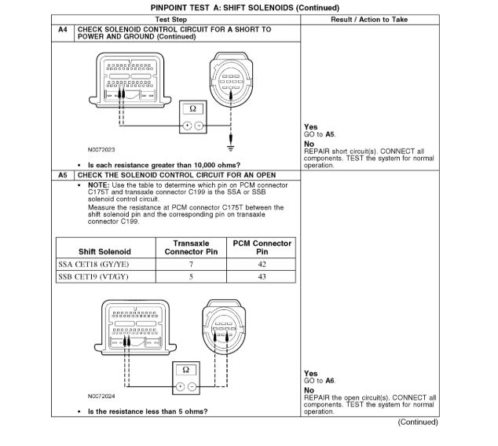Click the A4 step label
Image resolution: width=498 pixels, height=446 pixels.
pyautogui.click(x=63, y=29)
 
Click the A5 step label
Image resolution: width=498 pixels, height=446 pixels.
pyautogui.click(x=63, y=174)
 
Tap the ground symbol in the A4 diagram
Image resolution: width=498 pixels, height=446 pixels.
pyautogui.click(x=230, y=147)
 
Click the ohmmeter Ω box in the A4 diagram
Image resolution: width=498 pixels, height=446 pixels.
pyautogui.click(x=192, y=109)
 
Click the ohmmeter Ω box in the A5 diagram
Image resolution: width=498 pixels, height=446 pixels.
pyautogui.click(x=185, y=368)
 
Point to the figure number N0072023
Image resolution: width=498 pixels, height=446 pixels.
pyautogui.click(x=101, y=148)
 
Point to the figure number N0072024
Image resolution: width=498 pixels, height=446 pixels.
pyautogui.click(x=101, y=396)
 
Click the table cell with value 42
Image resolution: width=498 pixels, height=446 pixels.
pyautogui.click(x=262, y=264)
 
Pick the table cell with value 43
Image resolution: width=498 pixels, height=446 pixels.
pyautogui.click(x=262, y=276)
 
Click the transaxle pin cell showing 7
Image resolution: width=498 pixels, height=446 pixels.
pyautogui.click(x=190, y=264)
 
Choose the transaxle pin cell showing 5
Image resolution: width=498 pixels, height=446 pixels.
pyautogui.click(x=190, y=276)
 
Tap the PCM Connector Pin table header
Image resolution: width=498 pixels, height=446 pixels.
pyautogui.click(x=262, y=247)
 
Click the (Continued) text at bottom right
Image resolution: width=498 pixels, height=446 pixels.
pyautogui.click(x=418, y=422)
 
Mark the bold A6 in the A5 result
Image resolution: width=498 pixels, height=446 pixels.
pyautogui.click(x=329, y=380)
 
